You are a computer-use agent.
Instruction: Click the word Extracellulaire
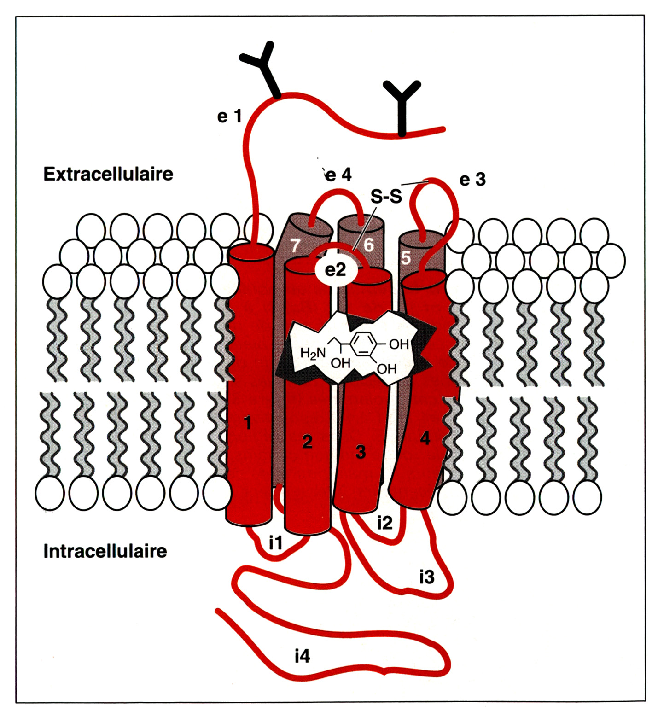(x=108, y=174)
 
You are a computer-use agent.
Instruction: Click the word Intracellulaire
(x=105, y=551)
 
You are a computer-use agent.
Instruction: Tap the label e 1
(x=229, y=116)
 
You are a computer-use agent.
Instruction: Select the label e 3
(x=472, y=179)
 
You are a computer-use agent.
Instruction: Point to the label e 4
(x=338, y=175)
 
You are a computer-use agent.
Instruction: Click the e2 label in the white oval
(x=335, y=269)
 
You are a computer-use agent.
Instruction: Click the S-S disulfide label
(x=386, y=197)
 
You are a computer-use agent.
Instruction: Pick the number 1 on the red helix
(x=248, y=422)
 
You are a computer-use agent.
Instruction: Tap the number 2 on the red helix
(x=307, y=442)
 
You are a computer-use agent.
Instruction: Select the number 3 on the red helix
(x=361, y=452)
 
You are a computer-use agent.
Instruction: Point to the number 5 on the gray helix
(x=406, y=257)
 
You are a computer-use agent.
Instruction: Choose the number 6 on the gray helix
(x=368, y=245)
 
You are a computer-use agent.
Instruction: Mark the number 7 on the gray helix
(x=295, y=245)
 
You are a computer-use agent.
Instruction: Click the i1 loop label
(x=275, y=543)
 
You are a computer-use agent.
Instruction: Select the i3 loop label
(x=427, y=576)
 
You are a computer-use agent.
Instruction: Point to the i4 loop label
(x=302, y=655)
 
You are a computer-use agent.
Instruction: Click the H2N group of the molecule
(x=313, y=353)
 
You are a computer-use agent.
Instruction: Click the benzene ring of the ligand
(x=366, y=344)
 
